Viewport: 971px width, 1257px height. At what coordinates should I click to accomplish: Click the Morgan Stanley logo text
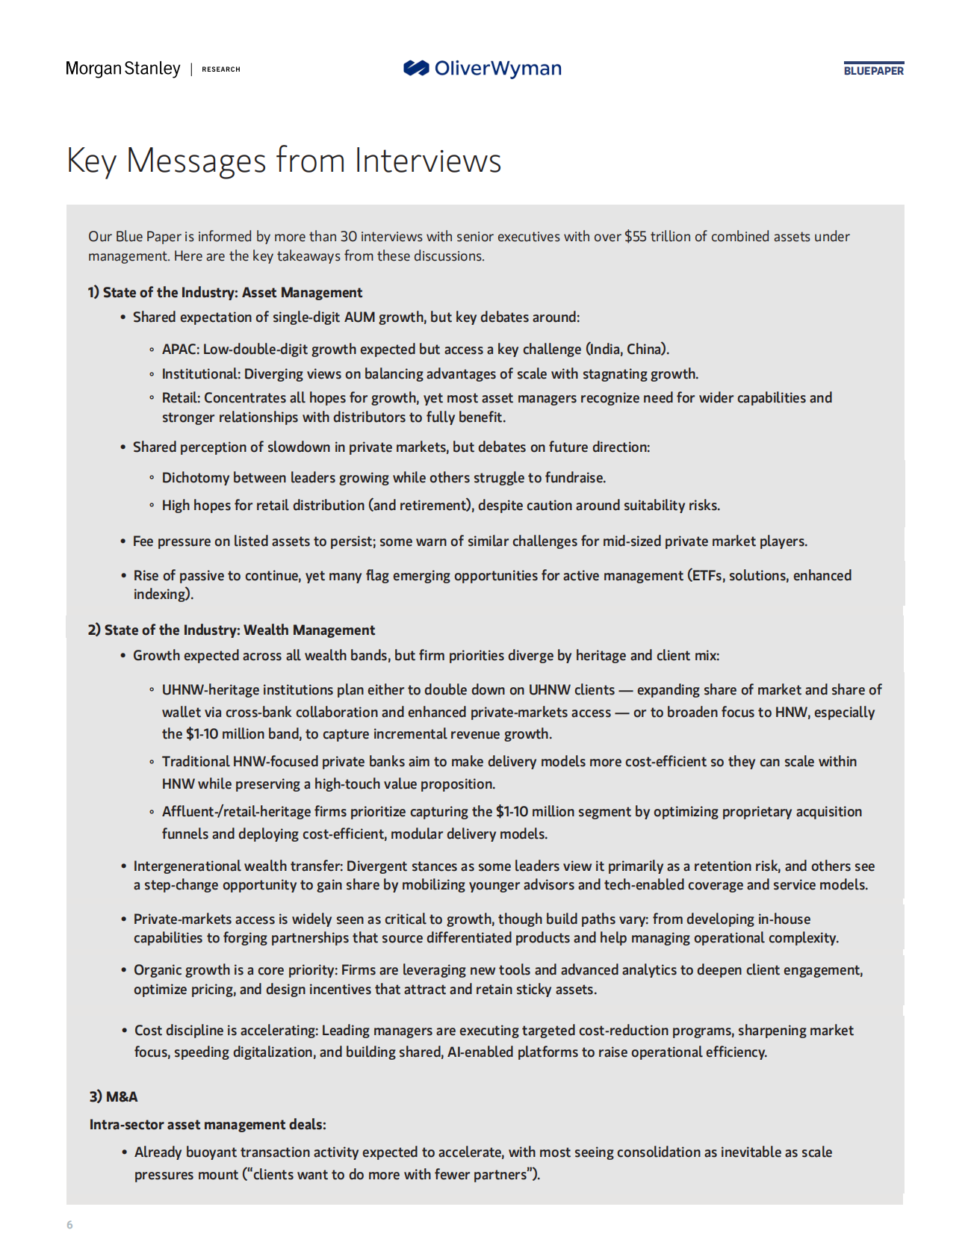[123, 69]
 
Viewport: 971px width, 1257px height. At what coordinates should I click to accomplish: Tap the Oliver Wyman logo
[483, 69]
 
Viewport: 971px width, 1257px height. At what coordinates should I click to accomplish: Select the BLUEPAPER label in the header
[873, 70]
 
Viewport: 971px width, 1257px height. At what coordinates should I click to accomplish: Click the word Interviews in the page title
[427, 161]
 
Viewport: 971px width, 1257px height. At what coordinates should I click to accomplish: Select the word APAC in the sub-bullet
[179, 350]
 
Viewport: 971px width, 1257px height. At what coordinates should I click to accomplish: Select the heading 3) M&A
[114, 1096]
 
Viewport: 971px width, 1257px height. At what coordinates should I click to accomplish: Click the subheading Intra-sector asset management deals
[208, 1125]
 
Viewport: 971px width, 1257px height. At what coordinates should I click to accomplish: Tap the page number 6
[69, 1225]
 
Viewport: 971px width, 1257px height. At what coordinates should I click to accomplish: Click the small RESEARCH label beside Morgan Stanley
[221, 69]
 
